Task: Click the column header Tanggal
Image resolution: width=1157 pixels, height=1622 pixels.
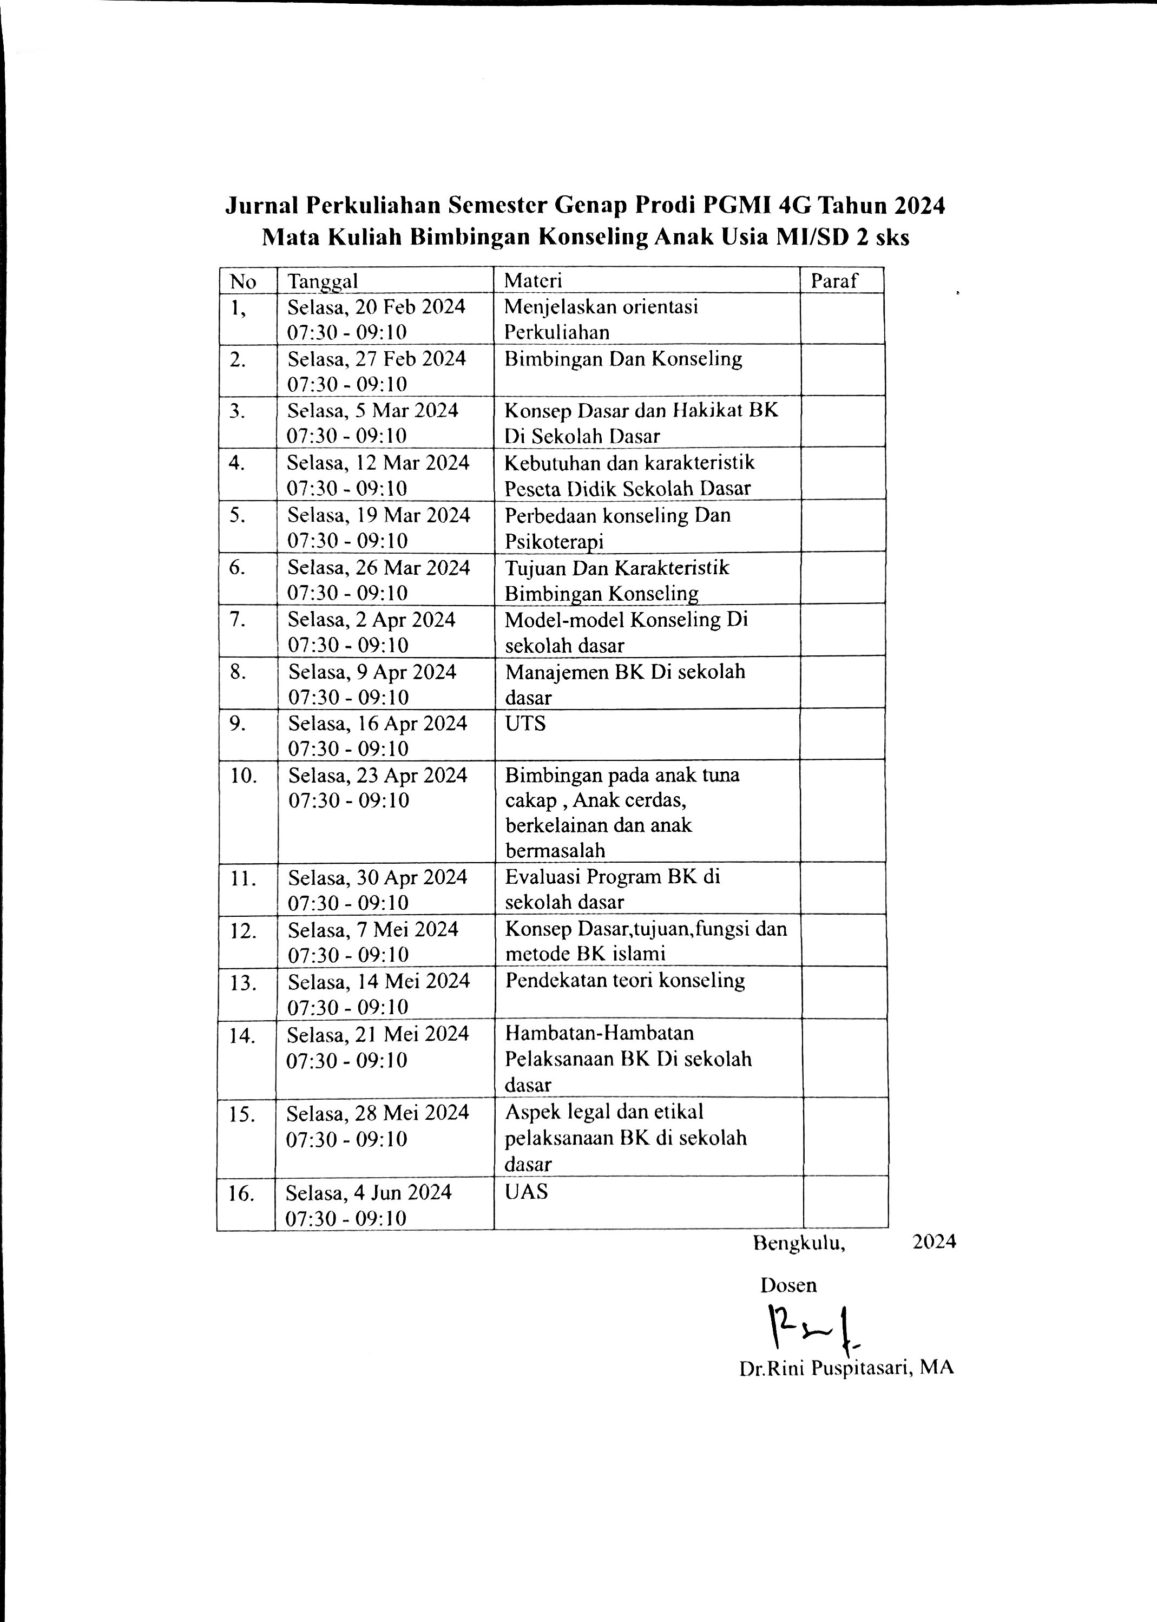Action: (x=323, y=281)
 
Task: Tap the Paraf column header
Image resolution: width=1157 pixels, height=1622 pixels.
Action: (x=834, y=281)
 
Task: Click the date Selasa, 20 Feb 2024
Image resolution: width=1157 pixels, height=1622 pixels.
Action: (x=376, y=307)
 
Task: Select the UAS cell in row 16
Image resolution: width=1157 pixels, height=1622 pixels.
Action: (x=527, y=1192)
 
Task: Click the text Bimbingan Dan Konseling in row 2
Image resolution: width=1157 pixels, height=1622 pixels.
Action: (x=623, y=359)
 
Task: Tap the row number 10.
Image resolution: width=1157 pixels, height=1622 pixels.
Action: (x=243, y=776)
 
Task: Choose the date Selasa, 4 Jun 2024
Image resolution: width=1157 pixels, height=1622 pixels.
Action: (x=369, y=1192)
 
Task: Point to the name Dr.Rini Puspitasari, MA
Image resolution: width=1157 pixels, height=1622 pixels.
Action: (x=846, y=1368)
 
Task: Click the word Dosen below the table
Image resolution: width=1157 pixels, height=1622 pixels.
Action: (x=788, y=1285)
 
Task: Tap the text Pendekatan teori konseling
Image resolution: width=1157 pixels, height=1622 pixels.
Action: (x=625, y=981)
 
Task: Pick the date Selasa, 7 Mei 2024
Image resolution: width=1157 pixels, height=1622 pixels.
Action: (x=373, y=930)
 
